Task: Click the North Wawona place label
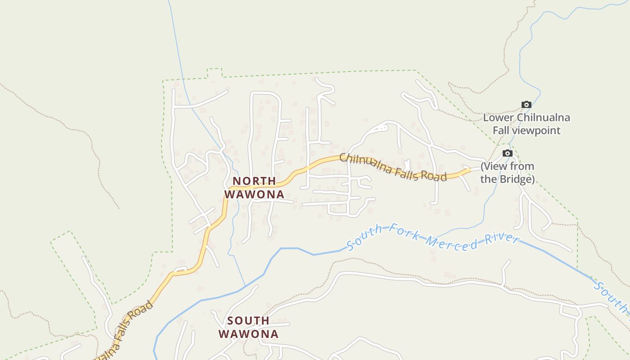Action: (x=254, y=188)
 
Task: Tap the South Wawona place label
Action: (x=248, y=327)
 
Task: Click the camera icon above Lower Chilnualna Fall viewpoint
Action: (x=526, y=105)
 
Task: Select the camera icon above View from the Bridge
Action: (x=507, y=153)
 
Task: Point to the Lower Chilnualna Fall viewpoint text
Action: (x=526, y=124)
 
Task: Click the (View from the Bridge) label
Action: (x=507, y=173)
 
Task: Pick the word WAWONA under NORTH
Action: (x=254, y=194)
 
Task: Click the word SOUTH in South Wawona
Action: (x=248, y=321)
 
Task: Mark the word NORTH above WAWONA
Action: (x=254, y=181)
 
